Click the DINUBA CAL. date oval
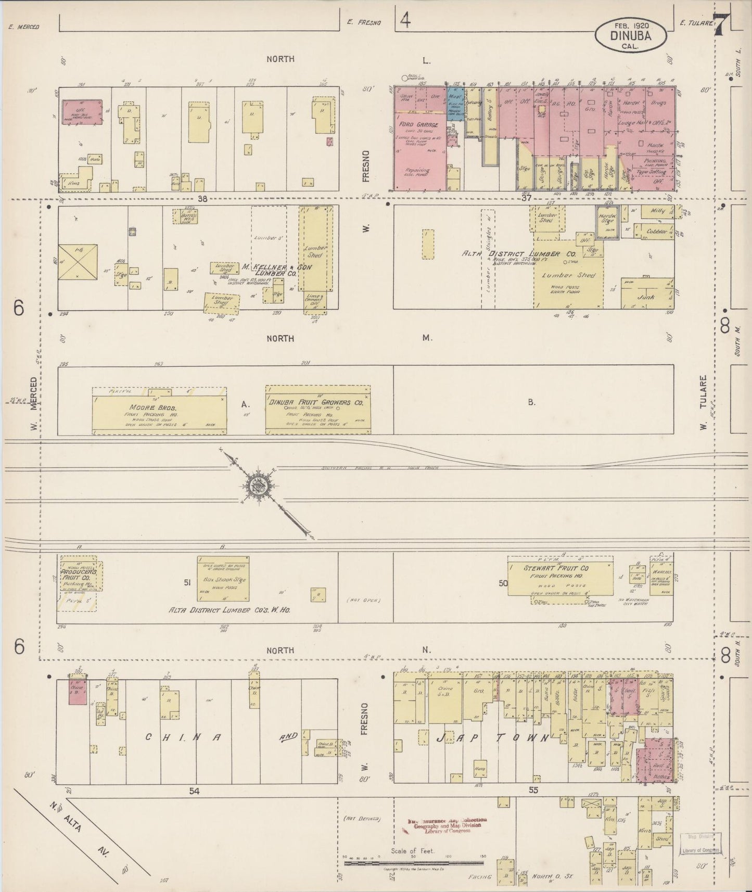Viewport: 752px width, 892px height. coord(631,34)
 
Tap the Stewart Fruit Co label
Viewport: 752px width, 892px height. coord(556,568)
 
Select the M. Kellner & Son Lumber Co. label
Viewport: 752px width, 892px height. coord(269,270)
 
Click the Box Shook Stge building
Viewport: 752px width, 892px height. coord(223,579)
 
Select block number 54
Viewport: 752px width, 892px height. coord(194,791)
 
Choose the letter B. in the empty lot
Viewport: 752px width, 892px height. coord(531,402)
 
